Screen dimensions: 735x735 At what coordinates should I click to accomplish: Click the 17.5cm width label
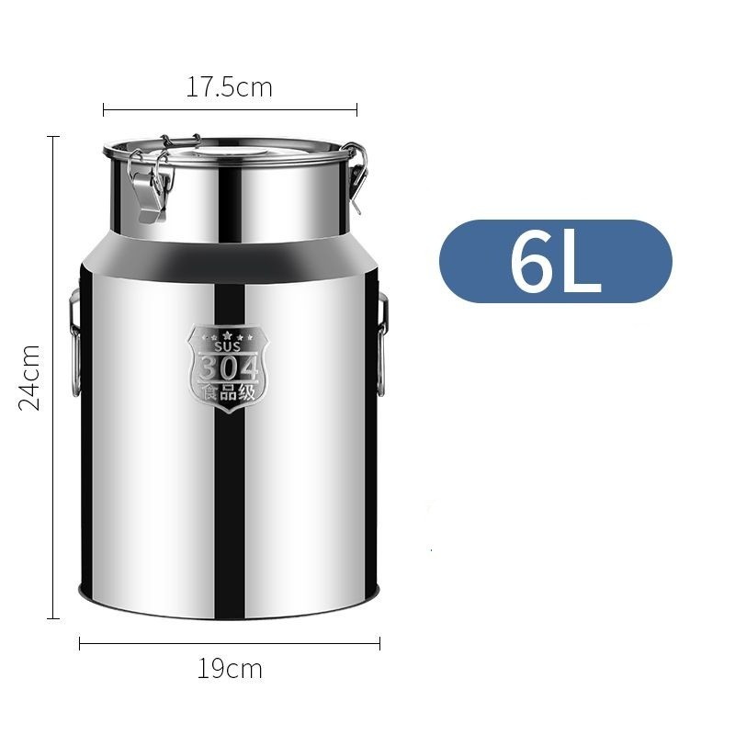pyautogui.click(x=229, y=87)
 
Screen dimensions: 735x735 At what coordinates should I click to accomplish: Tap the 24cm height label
pyautogui.click(x=29, y=378)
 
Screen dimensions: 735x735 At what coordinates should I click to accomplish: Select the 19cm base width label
pyautogui.click(x=230, y=669)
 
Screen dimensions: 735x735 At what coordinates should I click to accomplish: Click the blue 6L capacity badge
pyautogui.click(x=556, y=261)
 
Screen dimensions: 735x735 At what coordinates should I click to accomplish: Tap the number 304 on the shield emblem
pyautogui.click(x=228, y=368)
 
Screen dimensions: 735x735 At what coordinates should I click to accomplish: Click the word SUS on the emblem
pyautogui.click(x=227, y=346)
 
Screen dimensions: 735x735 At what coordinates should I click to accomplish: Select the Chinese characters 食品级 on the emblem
pyautogui.click(x=228, y=392)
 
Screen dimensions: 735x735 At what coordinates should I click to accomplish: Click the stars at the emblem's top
pyautogui.click(x=227, y=336)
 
